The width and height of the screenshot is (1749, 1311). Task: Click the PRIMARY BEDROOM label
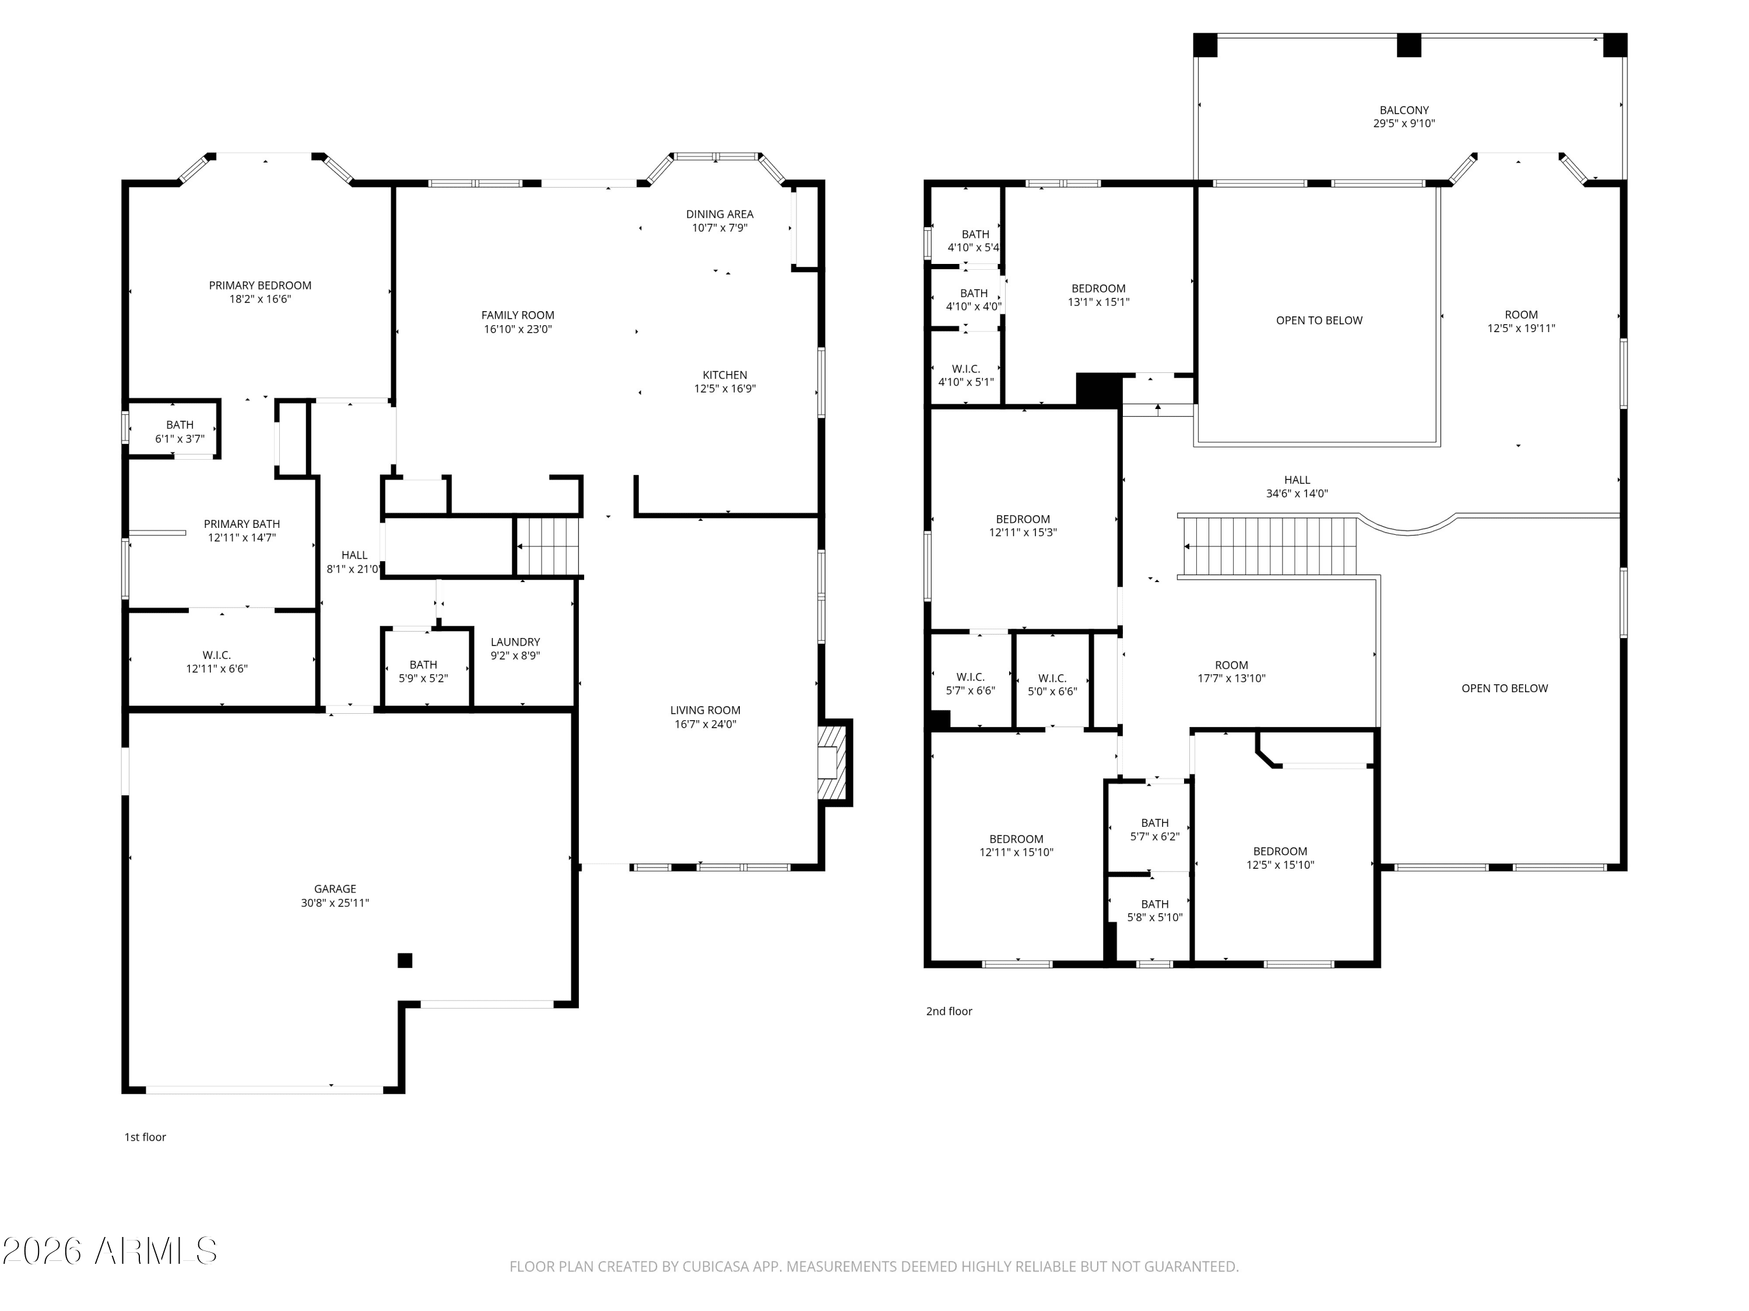point(260,286)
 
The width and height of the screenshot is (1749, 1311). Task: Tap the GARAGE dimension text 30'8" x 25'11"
point(335,903)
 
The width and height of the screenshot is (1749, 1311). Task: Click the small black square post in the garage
point(405,960)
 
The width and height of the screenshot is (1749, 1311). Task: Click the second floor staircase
point(1267,546)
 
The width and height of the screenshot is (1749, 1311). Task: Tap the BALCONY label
point(1404,111)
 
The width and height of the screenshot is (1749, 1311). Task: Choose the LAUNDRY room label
point(515,642)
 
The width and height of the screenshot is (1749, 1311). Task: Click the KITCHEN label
point(725,375)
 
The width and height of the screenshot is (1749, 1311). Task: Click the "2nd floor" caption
point(949,1011)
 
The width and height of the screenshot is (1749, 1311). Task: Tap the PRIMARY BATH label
point(242,524)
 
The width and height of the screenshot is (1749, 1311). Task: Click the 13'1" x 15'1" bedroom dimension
point(1099,302)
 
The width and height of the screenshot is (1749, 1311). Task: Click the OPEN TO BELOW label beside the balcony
point(1319,320)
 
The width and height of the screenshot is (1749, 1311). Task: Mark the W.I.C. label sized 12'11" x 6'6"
point(217,655)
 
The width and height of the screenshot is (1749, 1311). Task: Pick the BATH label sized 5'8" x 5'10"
point(1154,904)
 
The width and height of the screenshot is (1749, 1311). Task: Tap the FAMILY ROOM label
point(518,315)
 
